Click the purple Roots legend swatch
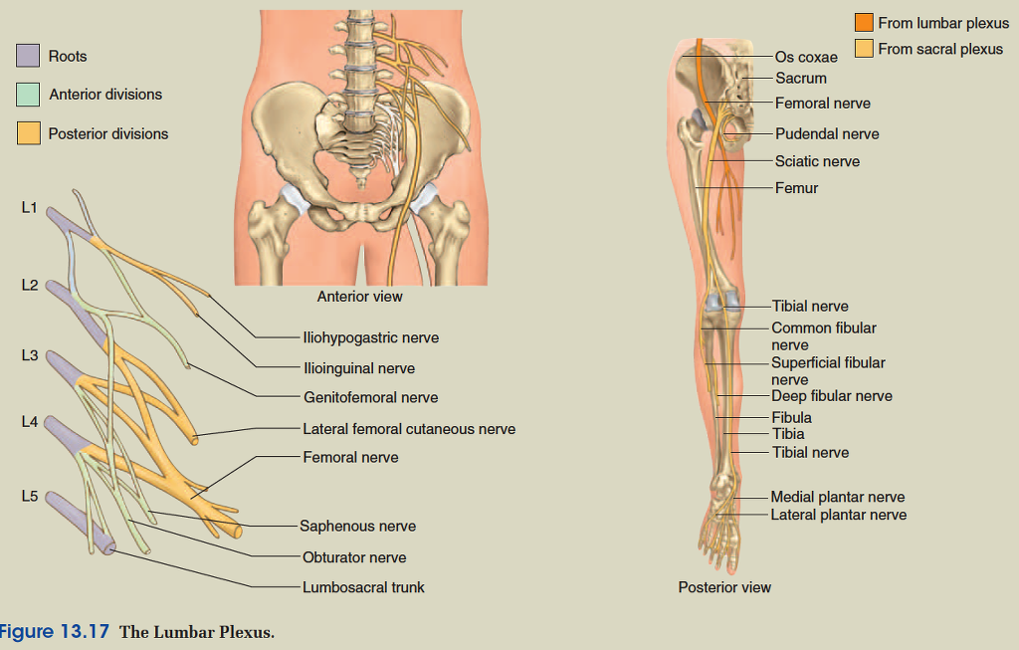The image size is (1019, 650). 28,57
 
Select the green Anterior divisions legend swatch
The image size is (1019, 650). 28,95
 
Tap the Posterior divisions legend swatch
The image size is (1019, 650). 28,133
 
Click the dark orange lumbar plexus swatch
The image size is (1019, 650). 864,23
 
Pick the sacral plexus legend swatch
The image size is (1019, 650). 864,49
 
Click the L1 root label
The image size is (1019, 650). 29,208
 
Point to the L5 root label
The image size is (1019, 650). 29,495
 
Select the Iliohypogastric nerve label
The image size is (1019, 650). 370,337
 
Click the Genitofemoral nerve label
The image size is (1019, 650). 370,397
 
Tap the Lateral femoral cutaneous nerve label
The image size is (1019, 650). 409,429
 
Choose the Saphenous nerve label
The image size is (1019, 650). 358,526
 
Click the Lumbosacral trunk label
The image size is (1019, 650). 363,587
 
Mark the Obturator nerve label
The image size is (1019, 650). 354,557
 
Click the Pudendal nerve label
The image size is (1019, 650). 827,133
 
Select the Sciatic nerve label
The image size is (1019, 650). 817,161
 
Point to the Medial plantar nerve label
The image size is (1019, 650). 837,497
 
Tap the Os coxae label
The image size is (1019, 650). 806,58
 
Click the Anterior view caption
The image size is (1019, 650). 359,296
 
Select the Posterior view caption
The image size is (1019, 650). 724,587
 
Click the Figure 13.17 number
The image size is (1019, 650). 54,632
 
